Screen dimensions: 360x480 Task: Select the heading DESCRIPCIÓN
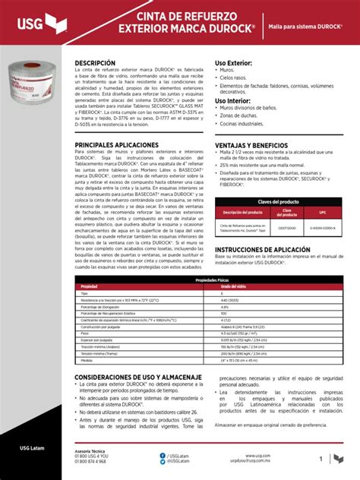point(95,63)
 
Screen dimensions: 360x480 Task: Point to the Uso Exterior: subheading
point(233,63)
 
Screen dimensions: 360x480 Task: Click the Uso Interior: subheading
point(232,100)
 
